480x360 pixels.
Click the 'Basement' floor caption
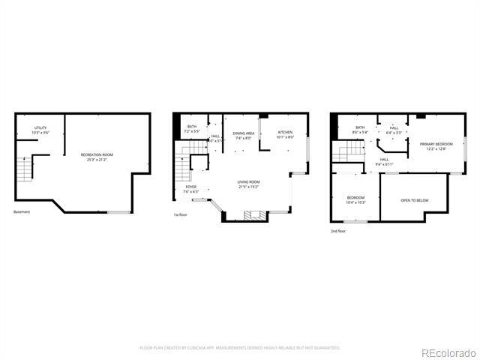[22, 211]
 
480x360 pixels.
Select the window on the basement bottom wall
[118, 212]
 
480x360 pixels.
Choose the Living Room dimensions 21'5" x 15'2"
[248, 186]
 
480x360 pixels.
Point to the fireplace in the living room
[251, 215]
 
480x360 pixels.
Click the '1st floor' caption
[181, 214]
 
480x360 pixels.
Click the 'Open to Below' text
[415, 200]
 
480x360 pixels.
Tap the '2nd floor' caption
[338, 230]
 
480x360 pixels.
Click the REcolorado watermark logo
[447, 352]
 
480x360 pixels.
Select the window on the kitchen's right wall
[308, 145]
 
